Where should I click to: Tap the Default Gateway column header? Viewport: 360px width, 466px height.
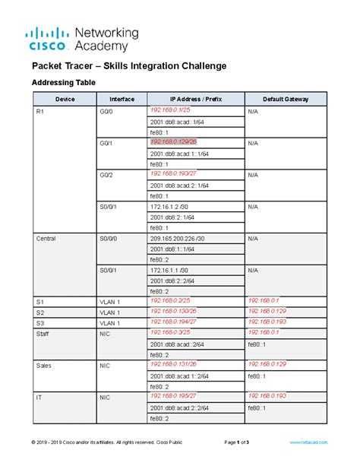pyautogui.click(x=285, y=99)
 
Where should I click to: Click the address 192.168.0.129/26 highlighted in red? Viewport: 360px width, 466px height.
pyautogui.click(x=173, y=141)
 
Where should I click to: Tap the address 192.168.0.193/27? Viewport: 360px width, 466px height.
pyautogui.click(x=172, y=174)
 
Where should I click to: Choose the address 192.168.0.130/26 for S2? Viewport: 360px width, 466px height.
pyautogui.click(x=172, y=311)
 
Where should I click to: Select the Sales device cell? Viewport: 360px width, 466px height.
pyautogui.click(x=43, y=365)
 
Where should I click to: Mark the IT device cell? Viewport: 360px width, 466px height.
pyautogui.click(x=39, y=397)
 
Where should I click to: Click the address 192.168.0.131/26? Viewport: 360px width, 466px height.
pyautogui.click(x=172, y=365)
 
